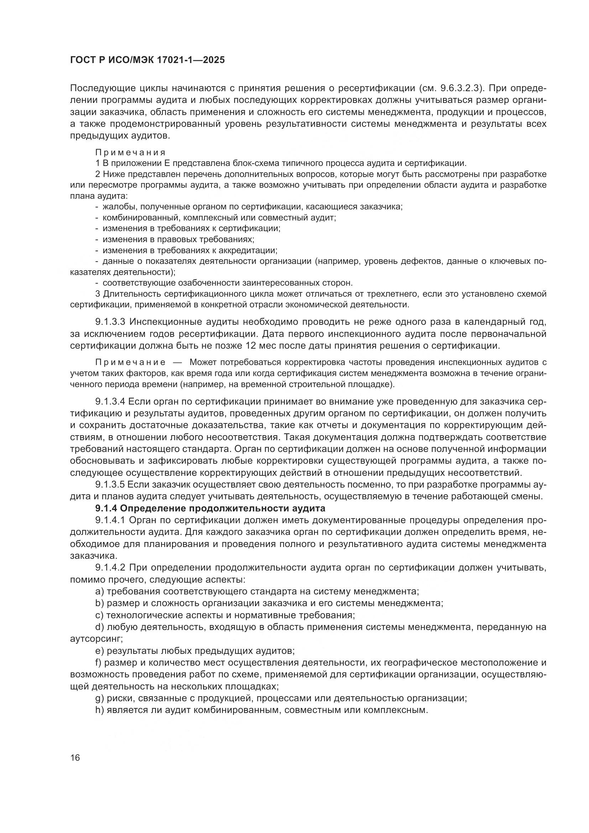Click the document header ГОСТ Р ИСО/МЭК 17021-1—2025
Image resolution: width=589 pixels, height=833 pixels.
pos(147,60)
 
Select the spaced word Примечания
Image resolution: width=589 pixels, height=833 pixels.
pos(130,152)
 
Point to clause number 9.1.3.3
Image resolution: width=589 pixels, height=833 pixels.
pos(110,322)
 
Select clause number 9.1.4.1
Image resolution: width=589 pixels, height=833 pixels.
pos(110,520)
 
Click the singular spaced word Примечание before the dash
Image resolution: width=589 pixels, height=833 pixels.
pos(130,363)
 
